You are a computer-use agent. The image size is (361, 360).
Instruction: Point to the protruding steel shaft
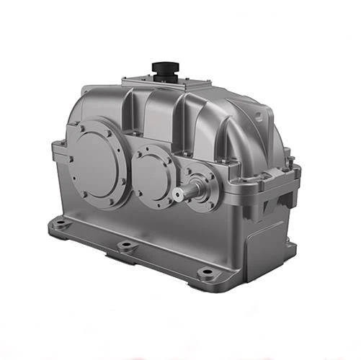186,193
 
